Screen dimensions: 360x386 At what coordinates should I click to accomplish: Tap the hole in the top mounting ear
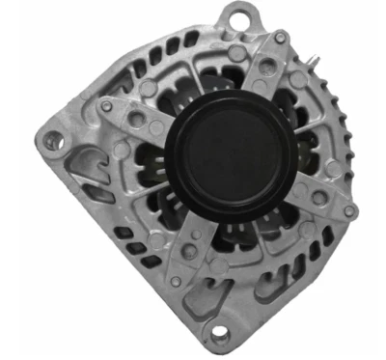coord(237,17)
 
